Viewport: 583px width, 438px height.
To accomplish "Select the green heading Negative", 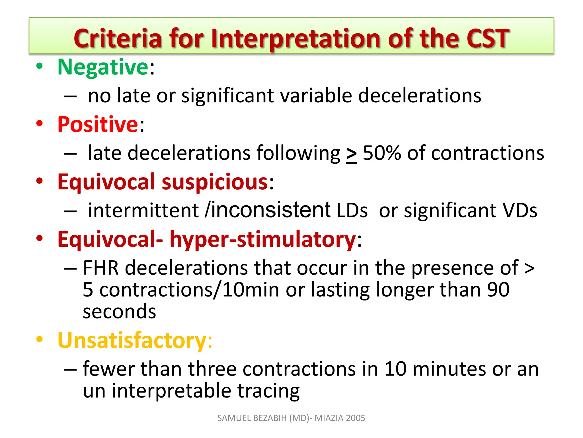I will [103, 67].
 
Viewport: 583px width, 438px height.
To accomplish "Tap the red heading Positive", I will [98, 125].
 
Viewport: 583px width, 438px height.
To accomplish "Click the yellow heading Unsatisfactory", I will [132, 340].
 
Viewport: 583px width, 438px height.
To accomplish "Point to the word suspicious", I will [215, 182].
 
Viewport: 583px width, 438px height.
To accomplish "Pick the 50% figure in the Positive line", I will [381, 153].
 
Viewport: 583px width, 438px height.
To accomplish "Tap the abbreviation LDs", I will [352, 211].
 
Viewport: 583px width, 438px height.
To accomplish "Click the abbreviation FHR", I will [100, 268].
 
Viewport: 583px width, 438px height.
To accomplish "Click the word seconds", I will [119, 311].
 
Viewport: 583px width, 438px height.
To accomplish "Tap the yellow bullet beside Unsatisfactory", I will [40, 339].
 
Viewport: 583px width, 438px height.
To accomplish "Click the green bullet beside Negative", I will [40, 66].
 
